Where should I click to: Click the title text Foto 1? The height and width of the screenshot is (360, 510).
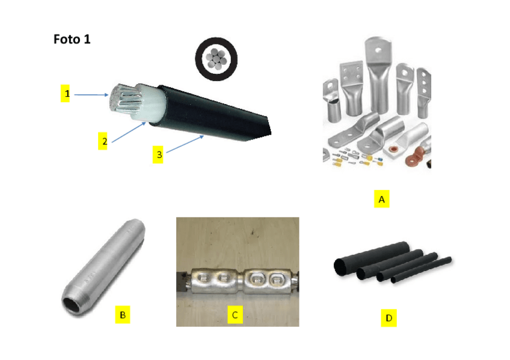coord(72,40)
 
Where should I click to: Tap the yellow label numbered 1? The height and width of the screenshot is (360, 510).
coord(67,94)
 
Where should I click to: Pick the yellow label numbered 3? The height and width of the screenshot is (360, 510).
coord(159,154)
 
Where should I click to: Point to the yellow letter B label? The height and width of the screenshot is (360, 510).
coord(122,314)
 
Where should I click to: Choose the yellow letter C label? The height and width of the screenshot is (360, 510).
coord(235,314)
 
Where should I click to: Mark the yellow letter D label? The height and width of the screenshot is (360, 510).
coord(389,317)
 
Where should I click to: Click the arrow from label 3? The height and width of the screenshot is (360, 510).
coord(183,145)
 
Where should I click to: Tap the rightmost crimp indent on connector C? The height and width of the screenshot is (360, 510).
coord(277,279)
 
